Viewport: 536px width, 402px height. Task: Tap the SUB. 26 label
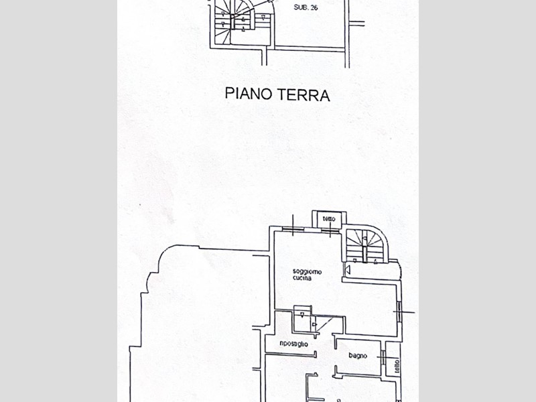click(x=306, y=9)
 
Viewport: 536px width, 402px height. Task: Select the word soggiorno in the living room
click(x=307, y=271)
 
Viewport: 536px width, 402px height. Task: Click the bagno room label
click(x=357, y=356)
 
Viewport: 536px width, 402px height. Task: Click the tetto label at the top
click(x=329, y=219)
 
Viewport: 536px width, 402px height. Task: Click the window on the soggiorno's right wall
click(x=399, y=312)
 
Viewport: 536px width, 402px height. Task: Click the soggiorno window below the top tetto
click(x=331, y=230)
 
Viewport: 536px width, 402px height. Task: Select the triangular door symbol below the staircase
click(x=348, y=269)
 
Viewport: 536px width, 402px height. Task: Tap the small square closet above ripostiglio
click(x=302, y=315)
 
